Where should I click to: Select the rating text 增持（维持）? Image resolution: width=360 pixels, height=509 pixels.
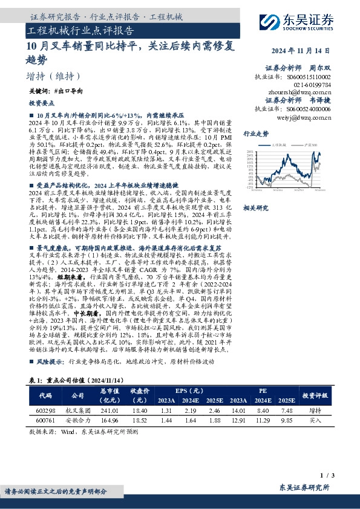click(54, 77)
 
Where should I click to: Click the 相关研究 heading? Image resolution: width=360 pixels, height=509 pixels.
click(254, 208)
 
